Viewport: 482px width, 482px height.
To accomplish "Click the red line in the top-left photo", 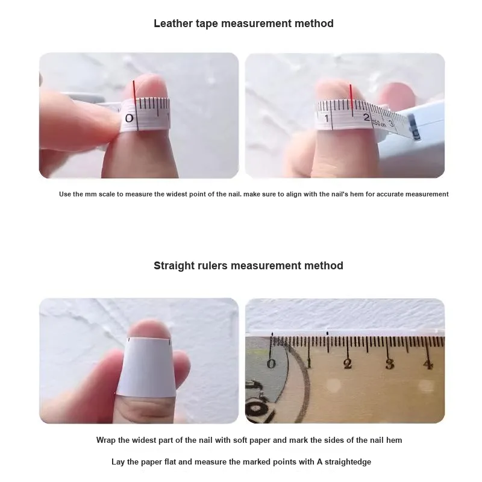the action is (x=134, y=91).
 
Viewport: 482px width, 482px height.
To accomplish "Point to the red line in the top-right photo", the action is (x=351, y=97).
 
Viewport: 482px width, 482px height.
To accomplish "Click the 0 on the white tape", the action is (x=130, y=118).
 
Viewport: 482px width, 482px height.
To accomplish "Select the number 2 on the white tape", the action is (x=366, y=117).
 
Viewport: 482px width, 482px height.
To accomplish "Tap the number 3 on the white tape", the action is (x=391, y=124).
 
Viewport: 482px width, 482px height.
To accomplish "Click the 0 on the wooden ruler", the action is (x=271, y=364).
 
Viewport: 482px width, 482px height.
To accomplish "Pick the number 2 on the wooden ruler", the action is (x=348, y=364).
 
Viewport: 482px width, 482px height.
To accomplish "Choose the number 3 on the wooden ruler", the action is (x=389, y=365).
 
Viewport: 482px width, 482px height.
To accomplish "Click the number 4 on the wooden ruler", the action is (x=428, y=365).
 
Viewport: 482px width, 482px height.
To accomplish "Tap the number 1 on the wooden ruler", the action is (x=309, y=363).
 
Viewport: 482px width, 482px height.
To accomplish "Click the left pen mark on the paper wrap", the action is (x=129, y=340).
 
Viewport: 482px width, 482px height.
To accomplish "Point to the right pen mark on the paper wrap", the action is (x=169, y=341).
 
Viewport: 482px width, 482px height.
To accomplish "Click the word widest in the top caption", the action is (x=176, y=194).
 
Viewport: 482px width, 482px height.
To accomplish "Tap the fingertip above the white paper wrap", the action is (x=149, y=329).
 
